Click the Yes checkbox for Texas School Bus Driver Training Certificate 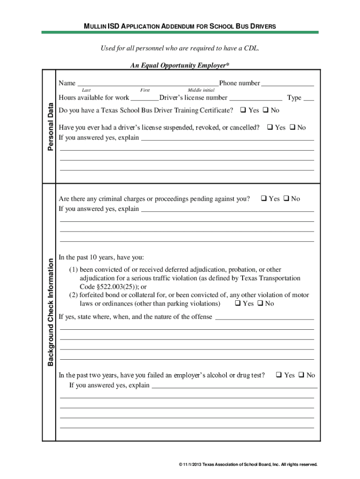(x=243, y=110)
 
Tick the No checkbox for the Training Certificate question (x=265, y=110)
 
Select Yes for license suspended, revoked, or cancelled (x=270, y=127)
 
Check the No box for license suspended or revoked (x=292, y=127)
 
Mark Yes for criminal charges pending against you (x=264, y=199)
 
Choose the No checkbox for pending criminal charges (x=286, y=199)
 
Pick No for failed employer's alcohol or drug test (x=302, y=375)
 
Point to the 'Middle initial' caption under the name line (x=201, y=90)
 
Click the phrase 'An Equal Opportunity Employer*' (x=180, y=65)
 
